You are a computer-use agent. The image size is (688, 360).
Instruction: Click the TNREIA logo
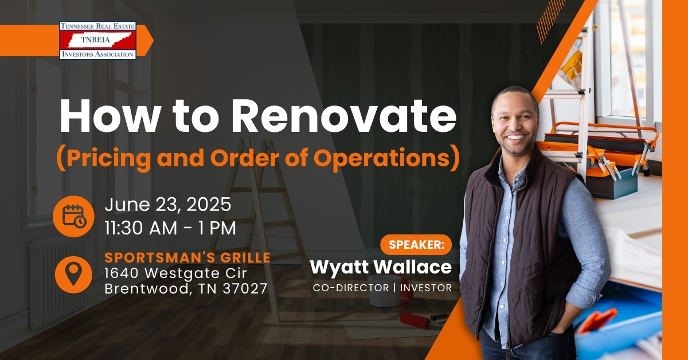[x=97, y=40]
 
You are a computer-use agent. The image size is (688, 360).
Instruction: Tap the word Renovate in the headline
[x=343, y=116]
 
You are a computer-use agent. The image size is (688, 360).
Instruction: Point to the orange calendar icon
[x=73, y=216]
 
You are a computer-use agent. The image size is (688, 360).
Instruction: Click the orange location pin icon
[x=73, y=275]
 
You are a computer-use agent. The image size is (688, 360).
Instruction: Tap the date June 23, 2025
[x=167, y=205]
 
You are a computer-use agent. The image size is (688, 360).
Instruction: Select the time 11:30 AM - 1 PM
[x=170, y=228]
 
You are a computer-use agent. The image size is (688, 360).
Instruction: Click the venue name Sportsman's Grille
[x=187, y=258]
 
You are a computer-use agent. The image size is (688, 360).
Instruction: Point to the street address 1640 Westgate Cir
[x=175, y=273]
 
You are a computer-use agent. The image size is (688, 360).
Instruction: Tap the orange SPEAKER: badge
[x=416, y=245]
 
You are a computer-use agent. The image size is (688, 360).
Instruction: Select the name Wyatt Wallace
[x=381, y=267]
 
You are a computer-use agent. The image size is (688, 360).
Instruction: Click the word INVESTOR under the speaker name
[x=425, y=288]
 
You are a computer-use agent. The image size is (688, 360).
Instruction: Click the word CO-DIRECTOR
[x=351, y=288]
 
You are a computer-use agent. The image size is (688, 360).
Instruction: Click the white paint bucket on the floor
[x=384, y=291]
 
